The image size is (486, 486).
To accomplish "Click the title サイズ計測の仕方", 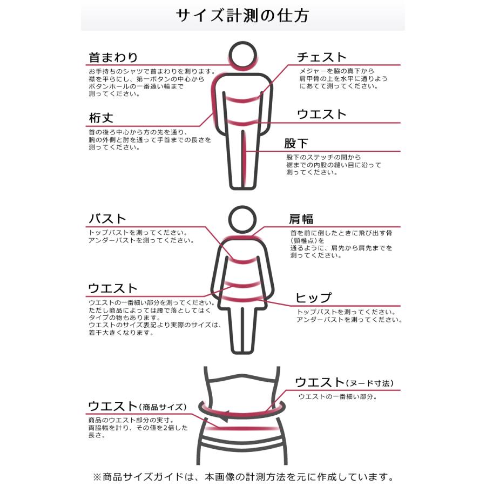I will pos(242,16).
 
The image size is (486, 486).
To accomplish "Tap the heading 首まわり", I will pos(113,57).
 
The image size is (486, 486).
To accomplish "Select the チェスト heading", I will pos(322,57).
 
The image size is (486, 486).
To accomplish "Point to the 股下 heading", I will pos(296,144).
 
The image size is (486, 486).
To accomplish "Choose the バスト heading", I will pos(107,219).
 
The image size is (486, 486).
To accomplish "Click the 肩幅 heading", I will pos(301,219).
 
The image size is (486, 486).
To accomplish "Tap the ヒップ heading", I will pos(313,298).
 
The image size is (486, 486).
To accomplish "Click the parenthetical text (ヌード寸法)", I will pos(370,383).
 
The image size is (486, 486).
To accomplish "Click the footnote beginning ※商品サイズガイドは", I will pos(242,477).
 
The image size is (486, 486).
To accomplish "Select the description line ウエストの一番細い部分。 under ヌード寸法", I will pos(337,396).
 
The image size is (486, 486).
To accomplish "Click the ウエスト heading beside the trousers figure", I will pos(322,114).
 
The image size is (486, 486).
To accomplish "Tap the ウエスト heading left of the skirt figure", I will pos(113,289).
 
